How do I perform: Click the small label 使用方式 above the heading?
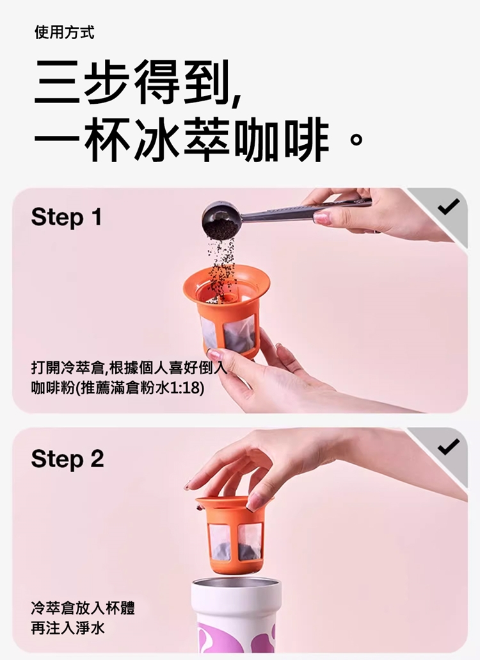(x=64, y=33)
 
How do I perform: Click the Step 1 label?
(x=67, y=218)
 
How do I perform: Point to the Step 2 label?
(x=67, y=459)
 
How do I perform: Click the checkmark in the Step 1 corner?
(x=449, y=206)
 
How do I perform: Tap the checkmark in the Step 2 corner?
(x=449, y=447)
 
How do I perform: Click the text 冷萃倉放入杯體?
(x=83, y=608)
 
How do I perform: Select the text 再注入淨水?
(x=68, y=629)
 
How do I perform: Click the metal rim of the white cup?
(x=237, y=585)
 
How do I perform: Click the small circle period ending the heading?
(x=356, y=139)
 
